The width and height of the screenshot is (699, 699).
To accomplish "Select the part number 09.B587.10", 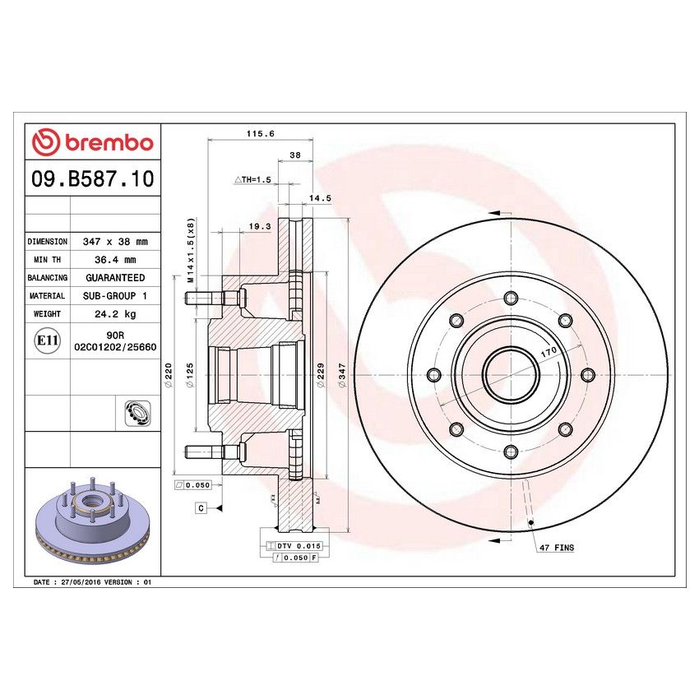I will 91,178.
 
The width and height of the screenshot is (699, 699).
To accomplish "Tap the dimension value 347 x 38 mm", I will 115,243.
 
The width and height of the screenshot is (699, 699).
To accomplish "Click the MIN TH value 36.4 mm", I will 115,260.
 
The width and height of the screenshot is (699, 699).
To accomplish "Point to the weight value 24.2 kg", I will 115,314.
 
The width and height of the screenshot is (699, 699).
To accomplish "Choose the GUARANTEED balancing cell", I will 115,278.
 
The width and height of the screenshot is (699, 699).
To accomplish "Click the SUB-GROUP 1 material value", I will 115,296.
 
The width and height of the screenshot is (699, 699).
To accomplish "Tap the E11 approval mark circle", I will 48,341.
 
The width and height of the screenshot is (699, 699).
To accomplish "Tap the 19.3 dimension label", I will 260,227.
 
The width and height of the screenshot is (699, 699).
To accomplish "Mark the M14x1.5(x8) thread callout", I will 191,252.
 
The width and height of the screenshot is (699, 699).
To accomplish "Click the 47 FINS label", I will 557,547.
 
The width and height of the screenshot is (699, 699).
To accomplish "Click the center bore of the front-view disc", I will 509,374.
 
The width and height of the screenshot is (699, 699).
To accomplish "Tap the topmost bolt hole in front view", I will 509,298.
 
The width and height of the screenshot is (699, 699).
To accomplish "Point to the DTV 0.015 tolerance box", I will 298,546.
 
